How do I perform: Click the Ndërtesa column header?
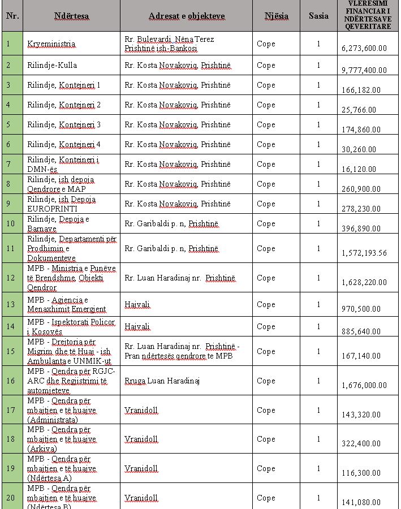(x=71, y=16)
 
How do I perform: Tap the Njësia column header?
(x=276, y=16)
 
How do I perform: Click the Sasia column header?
(x=318, y=16)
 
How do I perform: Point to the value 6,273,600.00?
(x=364, y=48)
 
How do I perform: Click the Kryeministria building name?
(x=51, y=44)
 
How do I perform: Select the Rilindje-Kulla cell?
(x=52, y=65)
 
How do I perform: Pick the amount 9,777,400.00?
(x=364, y=70)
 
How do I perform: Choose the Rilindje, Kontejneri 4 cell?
(x=64, y=144)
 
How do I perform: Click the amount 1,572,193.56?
(x=364, y=253)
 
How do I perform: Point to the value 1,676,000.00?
(x=364, y=385)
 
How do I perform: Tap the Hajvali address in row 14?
(x=137, y=326)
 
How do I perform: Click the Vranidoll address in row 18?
(x=141, y=439)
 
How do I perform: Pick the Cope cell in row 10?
(x=266, y=223)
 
